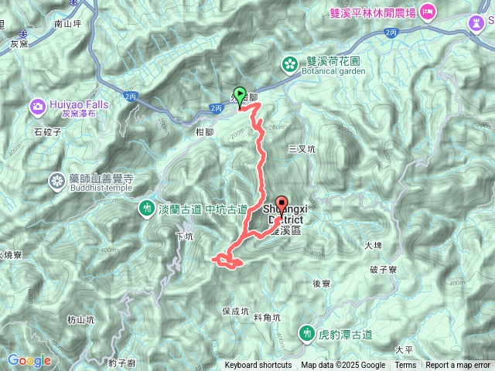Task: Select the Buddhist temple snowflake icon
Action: tap(56, 182)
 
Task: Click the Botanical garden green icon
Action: tap(290, 63)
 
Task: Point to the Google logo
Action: tap(29, 360)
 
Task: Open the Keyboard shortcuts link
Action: tap(258, 366)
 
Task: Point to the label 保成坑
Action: tap(235, 311)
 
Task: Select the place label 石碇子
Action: tap(48, 131)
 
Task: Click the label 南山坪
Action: tap(68, 24)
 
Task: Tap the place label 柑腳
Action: tap(205, 132)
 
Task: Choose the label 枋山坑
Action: tap(80, 319)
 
